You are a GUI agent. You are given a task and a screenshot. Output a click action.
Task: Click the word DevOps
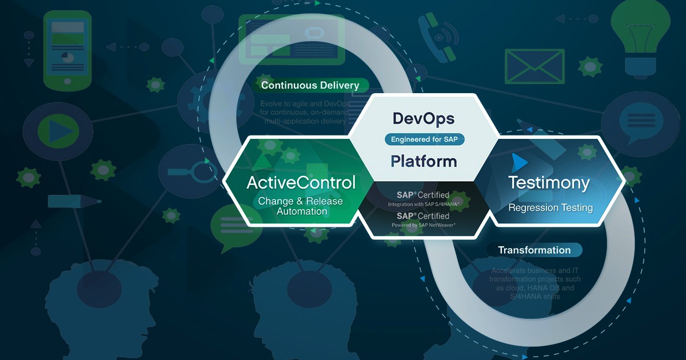(424, 118)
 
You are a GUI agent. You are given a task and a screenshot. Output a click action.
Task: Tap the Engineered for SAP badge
(424, 139)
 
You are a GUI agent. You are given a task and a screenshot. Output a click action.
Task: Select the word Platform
(424, 161)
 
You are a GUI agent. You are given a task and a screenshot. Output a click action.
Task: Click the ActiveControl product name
(301, 183)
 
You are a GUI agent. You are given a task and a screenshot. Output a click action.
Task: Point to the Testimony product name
(549, 183)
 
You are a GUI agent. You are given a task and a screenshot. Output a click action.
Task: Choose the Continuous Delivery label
(310, 86)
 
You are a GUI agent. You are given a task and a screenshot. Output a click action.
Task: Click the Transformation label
(534, 250)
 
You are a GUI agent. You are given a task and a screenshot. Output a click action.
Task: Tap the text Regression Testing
(550, 207)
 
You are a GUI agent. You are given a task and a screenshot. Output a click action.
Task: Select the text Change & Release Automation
(301, 206)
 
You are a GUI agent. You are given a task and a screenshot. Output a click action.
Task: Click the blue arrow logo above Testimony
(519, 162)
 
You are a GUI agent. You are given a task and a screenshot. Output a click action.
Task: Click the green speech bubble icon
(231, 226)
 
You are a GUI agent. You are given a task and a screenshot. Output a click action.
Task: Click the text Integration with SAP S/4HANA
(424, 205)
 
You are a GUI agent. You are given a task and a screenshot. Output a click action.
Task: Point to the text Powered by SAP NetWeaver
(424, 225)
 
